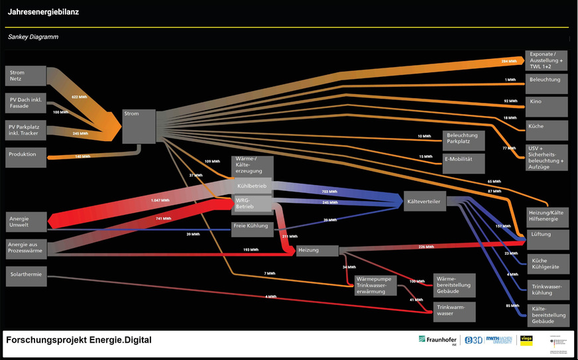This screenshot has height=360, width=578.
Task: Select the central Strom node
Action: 139,126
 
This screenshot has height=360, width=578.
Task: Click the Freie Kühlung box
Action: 252,227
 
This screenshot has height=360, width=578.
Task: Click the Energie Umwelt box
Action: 27,222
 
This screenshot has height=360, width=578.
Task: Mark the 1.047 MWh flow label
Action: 160,200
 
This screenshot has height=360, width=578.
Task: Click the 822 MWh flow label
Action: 79,97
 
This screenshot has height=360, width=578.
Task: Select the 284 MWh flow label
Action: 508,61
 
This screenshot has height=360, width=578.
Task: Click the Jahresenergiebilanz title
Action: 43,12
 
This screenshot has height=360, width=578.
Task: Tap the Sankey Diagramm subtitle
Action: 33,37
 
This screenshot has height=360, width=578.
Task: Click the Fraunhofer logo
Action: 438,340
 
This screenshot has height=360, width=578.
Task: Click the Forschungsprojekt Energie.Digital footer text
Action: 79,340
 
